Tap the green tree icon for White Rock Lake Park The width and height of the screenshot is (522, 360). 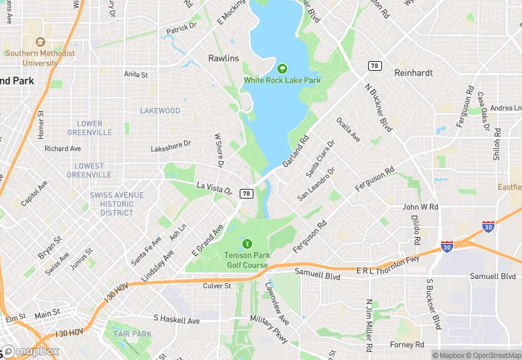282,68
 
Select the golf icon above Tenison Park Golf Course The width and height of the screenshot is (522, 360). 247,244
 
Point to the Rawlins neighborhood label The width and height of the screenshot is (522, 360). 223,58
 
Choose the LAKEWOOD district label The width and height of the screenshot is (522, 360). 160,111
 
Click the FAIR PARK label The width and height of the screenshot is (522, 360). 133,335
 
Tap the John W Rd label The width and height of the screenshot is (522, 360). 420,207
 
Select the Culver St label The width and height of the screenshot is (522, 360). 217,285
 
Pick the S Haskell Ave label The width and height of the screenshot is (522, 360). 177,320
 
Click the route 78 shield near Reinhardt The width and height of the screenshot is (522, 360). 374,65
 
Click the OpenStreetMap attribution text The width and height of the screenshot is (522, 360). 492,355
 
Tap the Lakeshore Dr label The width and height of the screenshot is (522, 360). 170,146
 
